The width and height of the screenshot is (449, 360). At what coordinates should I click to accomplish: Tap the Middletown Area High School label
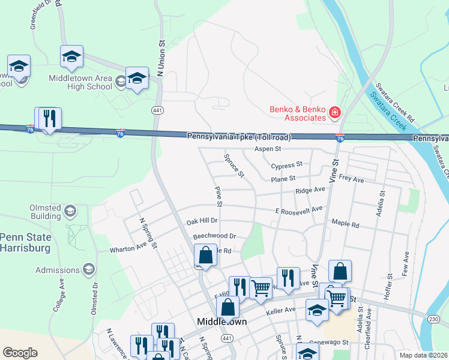coord(80,82)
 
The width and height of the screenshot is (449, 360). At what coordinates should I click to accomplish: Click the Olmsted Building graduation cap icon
coord(70,211)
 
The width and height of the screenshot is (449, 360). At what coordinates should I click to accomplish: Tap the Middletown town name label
coord(223,322)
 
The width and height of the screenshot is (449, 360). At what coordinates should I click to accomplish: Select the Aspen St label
coord(268,148)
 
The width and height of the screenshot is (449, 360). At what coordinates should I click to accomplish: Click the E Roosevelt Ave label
coord(298,210)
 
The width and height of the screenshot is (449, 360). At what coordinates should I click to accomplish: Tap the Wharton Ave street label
coord(128,247)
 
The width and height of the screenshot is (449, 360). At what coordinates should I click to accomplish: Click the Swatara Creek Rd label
coord(396,103)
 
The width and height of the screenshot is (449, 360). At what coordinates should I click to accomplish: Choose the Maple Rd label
coord(345,224)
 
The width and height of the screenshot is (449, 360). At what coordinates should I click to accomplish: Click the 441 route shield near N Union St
coord(158,110)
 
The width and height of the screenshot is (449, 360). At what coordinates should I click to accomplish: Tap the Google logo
coord(20,353)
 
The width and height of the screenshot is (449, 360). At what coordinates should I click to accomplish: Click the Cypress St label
coord(286,166)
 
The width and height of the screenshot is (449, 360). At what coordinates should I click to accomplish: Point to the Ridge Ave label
coord(310,190)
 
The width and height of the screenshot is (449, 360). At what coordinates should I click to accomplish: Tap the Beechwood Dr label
coord(214,236)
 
